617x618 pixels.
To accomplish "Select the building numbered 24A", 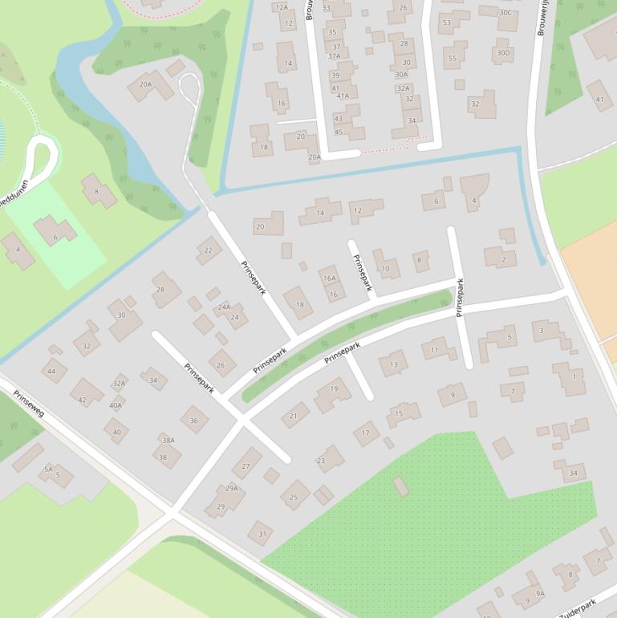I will (x=224, y=307).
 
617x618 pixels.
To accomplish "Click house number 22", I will (x=209, y=250).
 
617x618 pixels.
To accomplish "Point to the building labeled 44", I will (x=52, y=372).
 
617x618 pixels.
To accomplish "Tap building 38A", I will (x=168, y=441).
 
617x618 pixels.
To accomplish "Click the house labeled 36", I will (x=194, y=420).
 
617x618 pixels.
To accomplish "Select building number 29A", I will (x=232, y=488).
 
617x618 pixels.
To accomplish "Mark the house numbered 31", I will (x=262, y=534).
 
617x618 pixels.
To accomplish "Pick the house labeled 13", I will (x=393, y=364).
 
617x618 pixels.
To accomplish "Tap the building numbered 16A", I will (x=329, y=278).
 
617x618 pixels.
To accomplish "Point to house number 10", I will (x=386, y=268).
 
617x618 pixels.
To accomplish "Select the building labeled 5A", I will (x=48, y=469).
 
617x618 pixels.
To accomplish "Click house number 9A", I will (x=540, y=594).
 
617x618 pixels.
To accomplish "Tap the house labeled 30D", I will (x=503, y=53).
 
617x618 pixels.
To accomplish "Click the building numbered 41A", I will (x=343, y=96).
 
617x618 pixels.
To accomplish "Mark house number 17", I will (x=365, y=433).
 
